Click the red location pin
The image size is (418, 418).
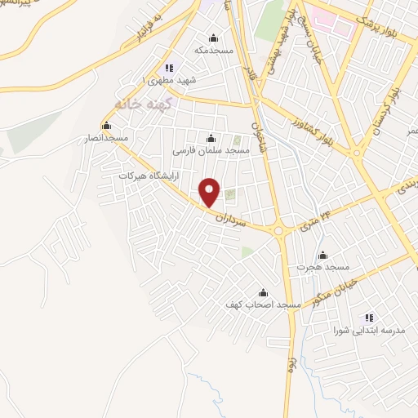[x=211, y=193]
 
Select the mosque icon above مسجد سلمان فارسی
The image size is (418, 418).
[x=211, y=137]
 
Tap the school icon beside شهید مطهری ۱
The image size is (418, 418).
[x=168, y=68]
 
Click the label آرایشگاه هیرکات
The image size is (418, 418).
[x=147, y=176]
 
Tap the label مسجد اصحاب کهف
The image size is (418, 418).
[x=263, y=304]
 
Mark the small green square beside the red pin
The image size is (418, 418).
[x=229, y=194]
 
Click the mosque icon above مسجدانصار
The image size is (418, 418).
[x=105, y=126]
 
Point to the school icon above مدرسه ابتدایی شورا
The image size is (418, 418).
[x=368, y=318]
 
